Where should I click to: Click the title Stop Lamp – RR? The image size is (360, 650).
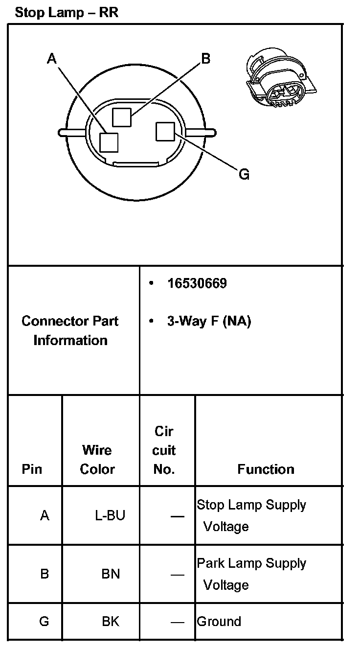pyautogui.click(x=67, y=13)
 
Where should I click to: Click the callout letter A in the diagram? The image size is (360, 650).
pyautogui.click(x=52, y=59)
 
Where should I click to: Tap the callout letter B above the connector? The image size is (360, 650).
pyautogui.click(x=206, y=59)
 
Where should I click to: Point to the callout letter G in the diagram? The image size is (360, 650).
pyautogui.click(x=244, y=174)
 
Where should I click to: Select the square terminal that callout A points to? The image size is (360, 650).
pyautogui.click(x=109, y=142)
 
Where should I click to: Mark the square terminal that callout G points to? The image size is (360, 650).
pyautogui.click(x=165, y=131)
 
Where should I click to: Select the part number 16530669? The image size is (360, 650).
pyautogui.click(x=197, y=284)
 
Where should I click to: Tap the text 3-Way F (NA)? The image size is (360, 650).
pyautogui.click(x=209, y=322)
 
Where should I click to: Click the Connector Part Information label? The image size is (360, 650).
pyautogui.click(x=70, y=330)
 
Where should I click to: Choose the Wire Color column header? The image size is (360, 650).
pyautogui.click(x=97, y=460)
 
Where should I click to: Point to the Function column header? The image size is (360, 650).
pyautogui.click(x=266, y=469)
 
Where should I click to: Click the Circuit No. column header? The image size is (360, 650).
pyautogui.click(x=164, y=450)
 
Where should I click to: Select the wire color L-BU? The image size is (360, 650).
pyautogui.click(x=110, y=515)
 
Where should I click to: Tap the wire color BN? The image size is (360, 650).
pyautogui.click(x=111, y=573)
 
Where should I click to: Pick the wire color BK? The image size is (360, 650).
pyautogui.click(x=111, y=622)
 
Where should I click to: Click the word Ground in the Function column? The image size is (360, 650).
pyautogui.click(x=219, y=622)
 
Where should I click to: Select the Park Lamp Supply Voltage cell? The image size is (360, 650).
pyautogui.click(x=251, y=574)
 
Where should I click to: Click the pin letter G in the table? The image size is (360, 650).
pyautogui.click(x=44, y=622)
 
